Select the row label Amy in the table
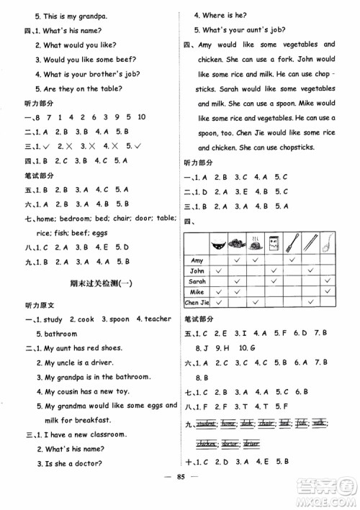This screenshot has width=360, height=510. [x=197, y=259]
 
